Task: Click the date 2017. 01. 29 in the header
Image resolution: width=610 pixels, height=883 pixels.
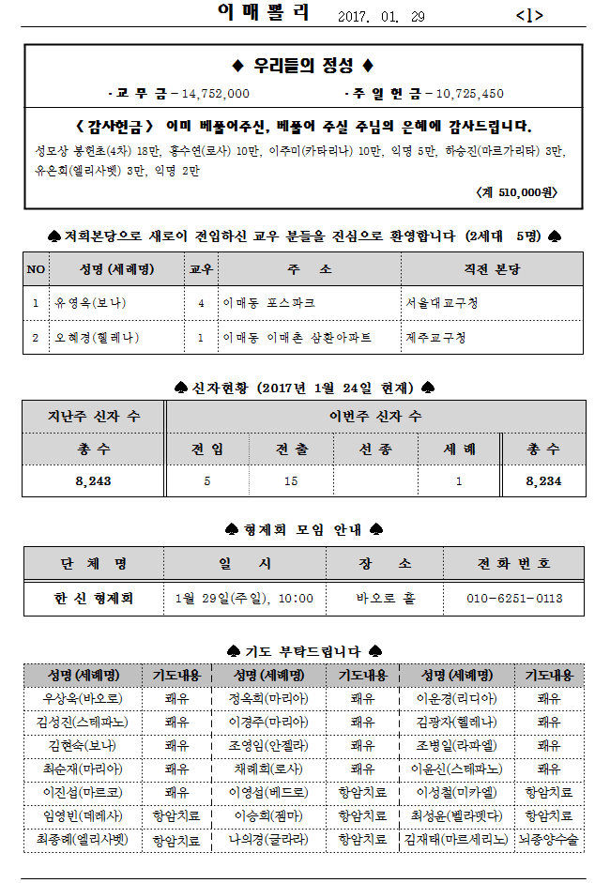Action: click(380, 16)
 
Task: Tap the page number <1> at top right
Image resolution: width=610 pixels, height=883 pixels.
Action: click(529, 16)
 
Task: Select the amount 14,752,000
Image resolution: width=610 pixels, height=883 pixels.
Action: click(216, 94)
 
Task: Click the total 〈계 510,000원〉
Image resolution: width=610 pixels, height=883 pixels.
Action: click(517, 191)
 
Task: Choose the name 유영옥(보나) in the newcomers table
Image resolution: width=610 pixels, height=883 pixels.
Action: click(91, 303)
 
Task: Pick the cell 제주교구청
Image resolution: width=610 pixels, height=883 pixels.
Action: click(436, 337)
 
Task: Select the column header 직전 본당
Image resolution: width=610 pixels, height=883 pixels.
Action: click(492, 269)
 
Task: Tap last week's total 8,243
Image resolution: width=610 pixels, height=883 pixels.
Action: click(93, 480)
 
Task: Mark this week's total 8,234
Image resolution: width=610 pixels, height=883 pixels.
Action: click(544, 480)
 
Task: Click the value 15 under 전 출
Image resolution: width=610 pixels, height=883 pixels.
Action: click(291, 480)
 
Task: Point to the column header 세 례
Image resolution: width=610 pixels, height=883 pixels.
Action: click(459, 449)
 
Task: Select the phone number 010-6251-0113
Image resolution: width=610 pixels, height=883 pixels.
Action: click(515, 598)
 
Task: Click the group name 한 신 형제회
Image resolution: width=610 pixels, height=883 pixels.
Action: click(94, 598)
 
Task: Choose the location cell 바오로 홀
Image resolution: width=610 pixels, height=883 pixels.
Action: click(385, 598)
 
